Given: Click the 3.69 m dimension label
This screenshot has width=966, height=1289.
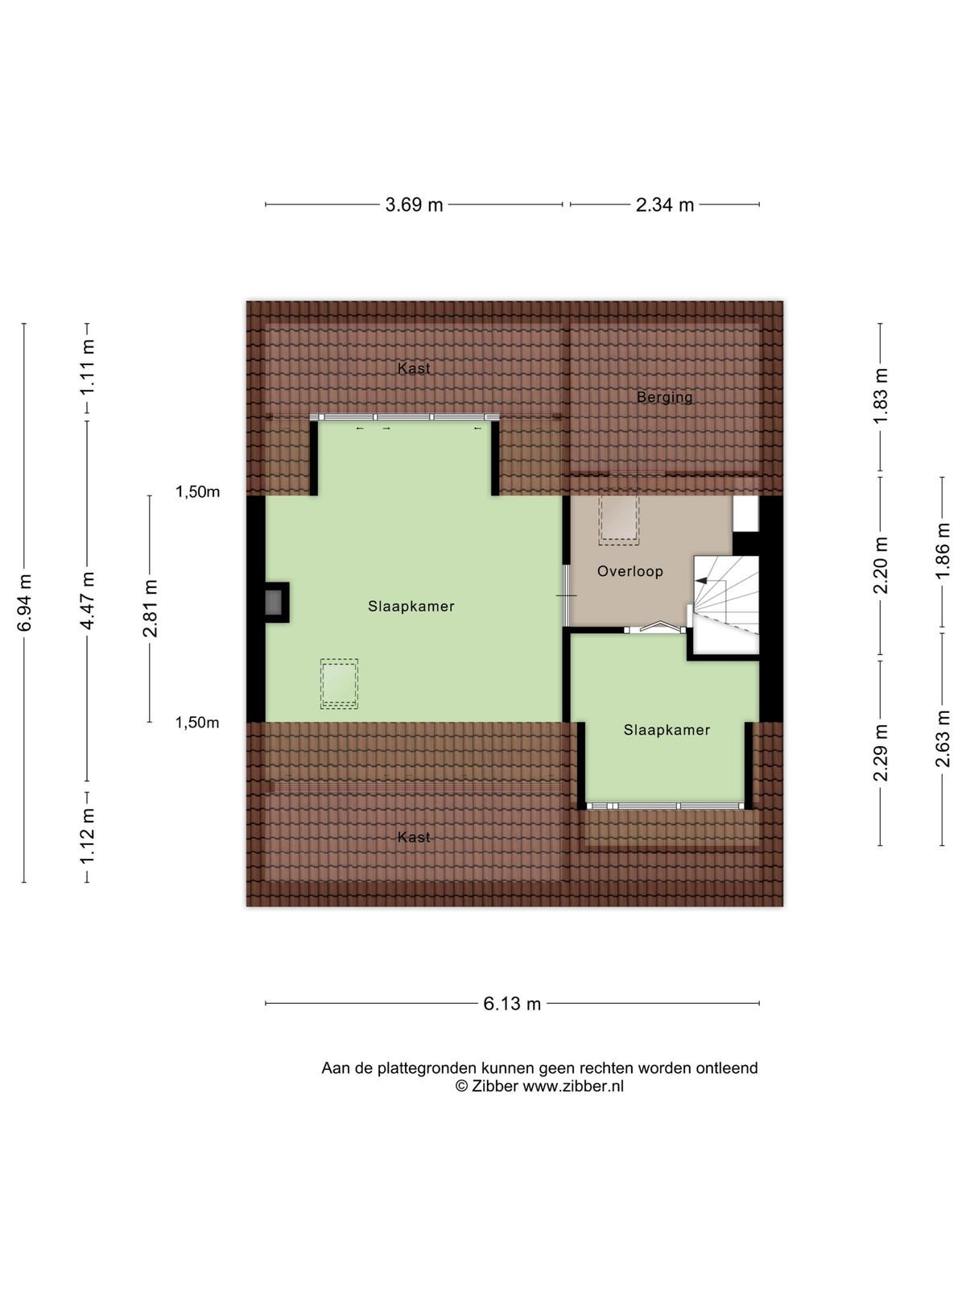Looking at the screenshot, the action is click(x=414, y=205).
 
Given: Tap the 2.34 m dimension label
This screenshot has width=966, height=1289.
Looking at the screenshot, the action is click(x=665, y=205).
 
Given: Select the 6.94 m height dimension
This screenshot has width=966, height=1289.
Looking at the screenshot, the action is click(x=24, y=603).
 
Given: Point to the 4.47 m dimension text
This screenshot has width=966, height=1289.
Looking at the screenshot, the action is click(x=88, y=600).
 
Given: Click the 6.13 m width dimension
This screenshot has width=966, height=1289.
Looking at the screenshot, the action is click(x=511, y=1004).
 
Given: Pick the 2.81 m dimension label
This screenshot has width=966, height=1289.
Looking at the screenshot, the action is click(x=151, y=608).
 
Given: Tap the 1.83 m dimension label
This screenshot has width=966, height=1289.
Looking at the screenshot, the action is click(x=881, y=396).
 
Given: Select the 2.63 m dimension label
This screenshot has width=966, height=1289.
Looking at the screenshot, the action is click(x=943, y=739).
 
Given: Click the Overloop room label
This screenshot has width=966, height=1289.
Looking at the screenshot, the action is click(x=630, y=571).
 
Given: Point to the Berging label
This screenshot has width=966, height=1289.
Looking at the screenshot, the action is click(x=665, y=397).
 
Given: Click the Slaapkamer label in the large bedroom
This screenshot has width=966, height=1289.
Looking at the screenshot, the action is click(x=411, y=606).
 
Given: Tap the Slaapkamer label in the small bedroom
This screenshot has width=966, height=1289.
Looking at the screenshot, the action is click(x=667, y=730).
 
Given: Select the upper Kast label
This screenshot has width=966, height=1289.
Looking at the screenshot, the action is click(x=414, y=368).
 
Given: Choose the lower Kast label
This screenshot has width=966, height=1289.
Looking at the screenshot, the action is click(x=414, y=837).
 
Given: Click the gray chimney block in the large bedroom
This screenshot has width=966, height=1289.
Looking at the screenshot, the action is click(x=274, y=602).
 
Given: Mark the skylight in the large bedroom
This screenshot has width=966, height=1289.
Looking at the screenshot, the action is click(x=339, y=683).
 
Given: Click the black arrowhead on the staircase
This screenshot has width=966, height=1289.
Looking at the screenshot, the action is click(x=700, y=581).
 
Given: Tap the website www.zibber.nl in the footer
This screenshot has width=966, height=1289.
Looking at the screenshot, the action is click(x=573, y=1087).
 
